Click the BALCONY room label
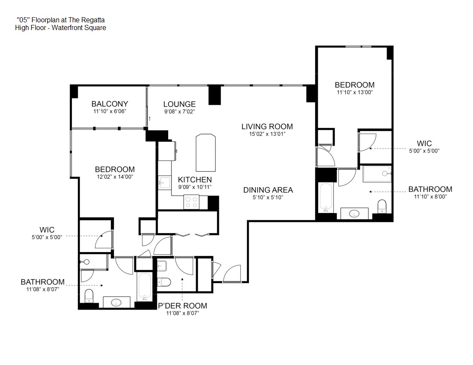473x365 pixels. pos(110,104)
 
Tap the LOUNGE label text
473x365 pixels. pos(179,104)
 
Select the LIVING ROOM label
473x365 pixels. pos(267,127)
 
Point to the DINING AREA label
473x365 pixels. pos(268,190)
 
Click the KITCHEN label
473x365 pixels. pos(195,180)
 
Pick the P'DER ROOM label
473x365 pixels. pos(183,306)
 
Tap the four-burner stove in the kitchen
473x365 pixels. pos(191,202)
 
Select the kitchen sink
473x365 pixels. pos(164,183)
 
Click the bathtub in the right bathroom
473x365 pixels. pos(326,198)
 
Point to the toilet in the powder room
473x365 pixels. pos(164,282)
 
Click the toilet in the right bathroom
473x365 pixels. pos(382,206)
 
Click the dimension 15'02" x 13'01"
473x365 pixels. pos(267,134)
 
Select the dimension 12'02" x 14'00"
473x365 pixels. pos(115,177)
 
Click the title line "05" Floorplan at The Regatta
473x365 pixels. pos(61,20)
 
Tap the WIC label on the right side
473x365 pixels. pos(424,143)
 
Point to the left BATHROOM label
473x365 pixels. pos(43,282)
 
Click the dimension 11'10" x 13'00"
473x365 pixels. pos(355,92)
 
